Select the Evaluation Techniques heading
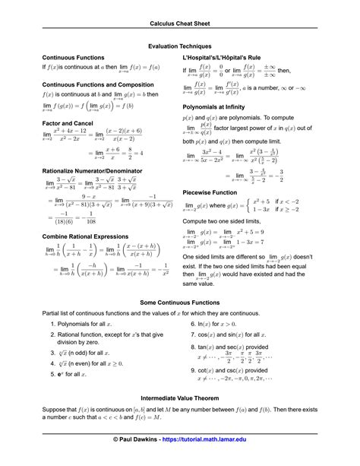coord(179,46)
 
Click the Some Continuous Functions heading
coord(179,303)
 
